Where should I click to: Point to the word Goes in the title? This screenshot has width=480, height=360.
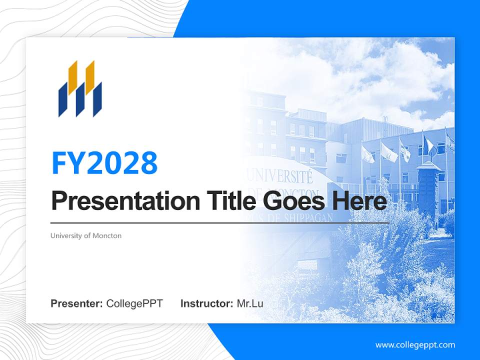[x=292, y=201]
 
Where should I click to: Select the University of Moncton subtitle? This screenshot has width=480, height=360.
[x=86, y=235]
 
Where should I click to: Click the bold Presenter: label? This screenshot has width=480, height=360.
[x=77, y=303]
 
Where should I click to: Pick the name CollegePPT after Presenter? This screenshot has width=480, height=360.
[x=134, y=303]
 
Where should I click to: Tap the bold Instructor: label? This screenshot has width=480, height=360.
[x=206, y=303]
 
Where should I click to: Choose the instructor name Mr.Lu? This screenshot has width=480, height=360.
[x=250, y=303]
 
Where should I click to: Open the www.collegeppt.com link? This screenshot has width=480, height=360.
[x=415, y=345]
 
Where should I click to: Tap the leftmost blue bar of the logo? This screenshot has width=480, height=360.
[x=63, y=100]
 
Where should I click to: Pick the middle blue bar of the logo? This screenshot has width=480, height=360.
[x=80, y=100]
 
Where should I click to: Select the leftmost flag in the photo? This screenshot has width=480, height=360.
[x=367, y=154]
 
